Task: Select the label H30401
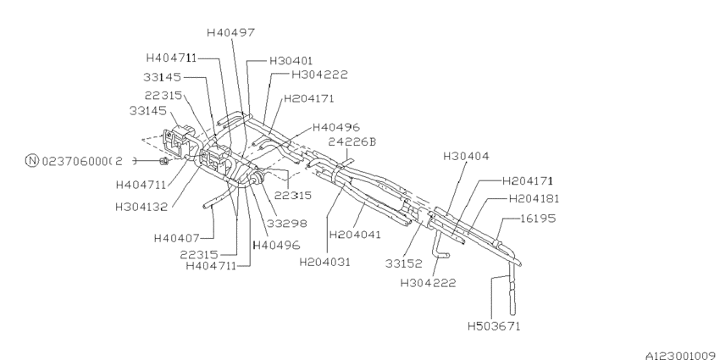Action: point(291,61)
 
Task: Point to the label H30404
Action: point(466,157)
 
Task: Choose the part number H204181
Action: point(534,198)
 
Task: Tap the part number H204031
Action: point(324,262)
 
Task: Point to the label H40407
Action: point(177,238)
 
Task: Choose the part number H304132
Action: point(145,204)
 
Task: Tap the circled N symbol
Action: point(31,161)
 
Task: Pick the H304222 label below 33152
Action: point(429,282)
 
